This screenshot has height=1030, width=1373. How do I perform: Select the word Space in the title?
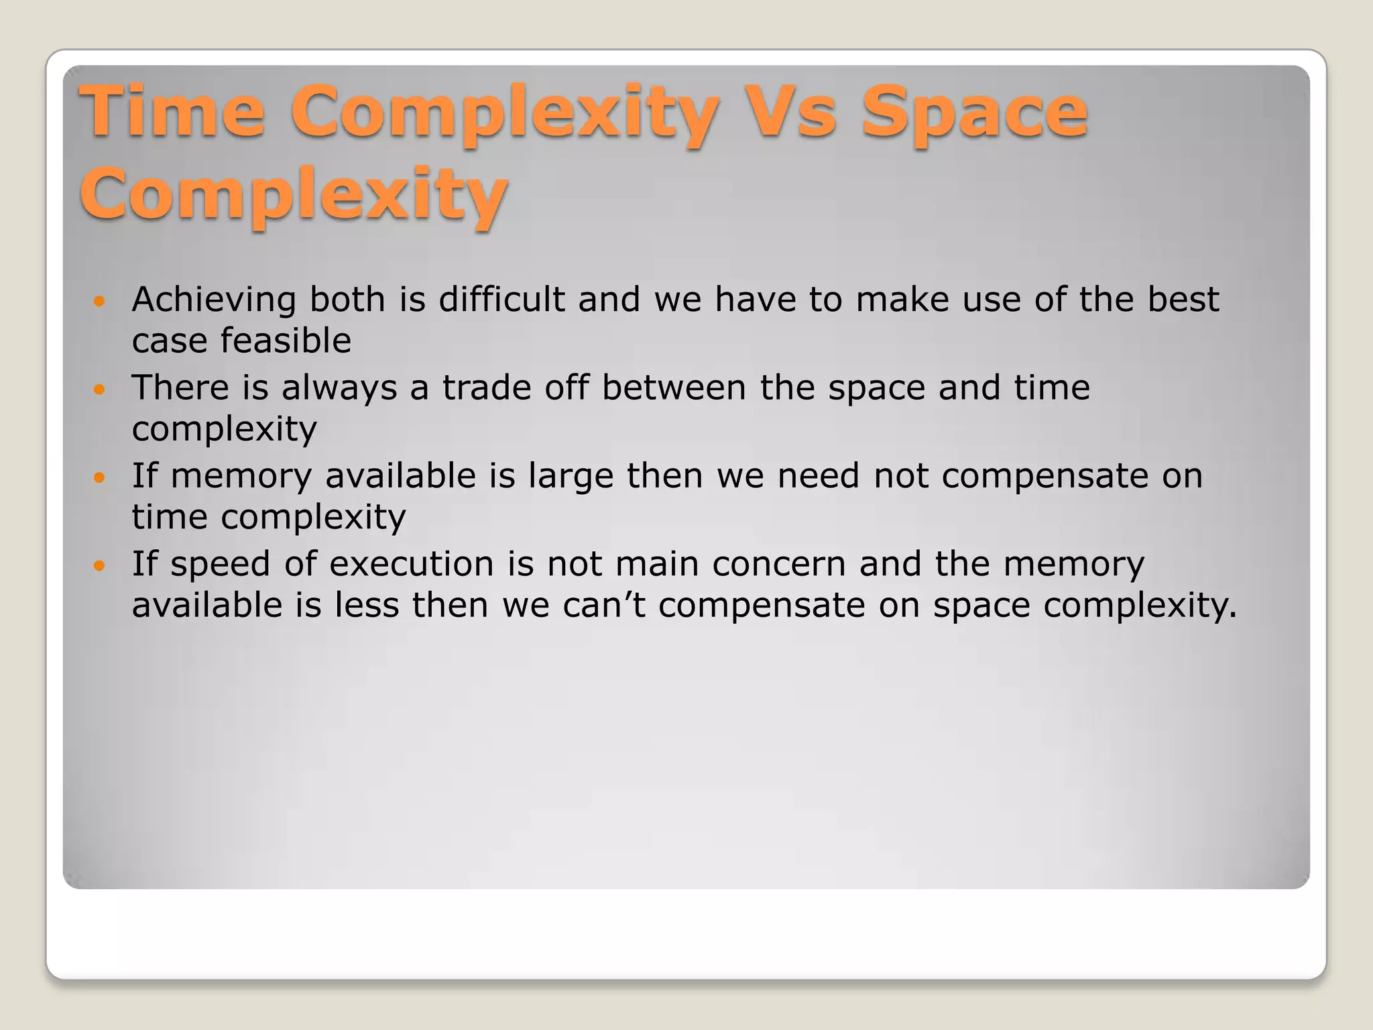point(973,113)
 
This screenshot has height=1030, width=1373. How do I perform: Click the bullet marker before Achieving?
point(100,302)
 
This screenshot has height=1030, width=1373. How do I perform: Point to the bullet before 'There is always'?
point(100,390)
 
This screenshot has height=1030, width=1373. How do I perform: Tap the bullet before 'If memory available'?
point(100,478)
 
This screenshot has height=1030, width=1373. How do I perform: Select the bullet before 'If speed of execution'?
point(100,566)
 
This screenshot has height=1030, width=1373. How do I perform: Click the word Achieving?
point(214,300)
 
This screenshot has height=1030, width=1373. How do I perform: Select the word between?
point(673,388)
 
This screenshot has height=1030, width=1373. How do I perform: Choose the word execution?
point(411,564)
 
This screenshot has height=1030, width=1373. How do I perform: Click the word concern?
point(778,564)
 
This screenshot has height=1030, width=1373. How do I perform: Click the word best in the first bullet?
point(1183,299)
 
